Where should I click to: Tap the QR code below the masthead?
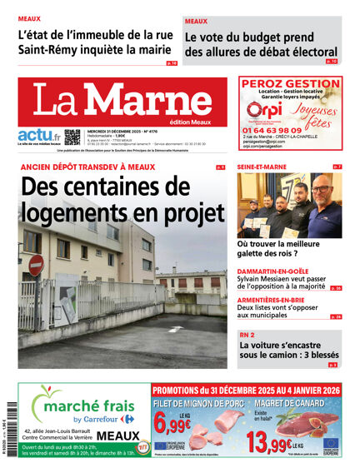(x=72, y=137)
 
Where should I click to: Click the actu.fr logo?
(x=38, y=135)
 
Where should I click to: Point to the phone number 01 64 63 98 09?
(x=274, y=131)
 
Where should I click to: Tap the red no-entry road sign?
(x=36, y=266)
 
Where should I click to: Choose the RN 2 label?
(x=247, y=335)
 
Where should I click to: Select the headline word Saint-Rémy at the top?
(x=55, y=50)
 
